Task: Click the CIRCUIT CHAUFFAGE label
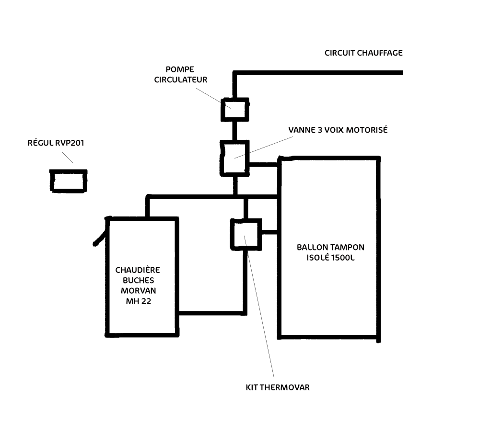363,53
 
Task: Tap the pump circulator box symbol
234,109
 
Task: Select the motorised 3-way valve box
234,158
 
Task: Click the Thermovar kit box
246,234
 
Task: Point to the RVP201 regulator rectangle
69,181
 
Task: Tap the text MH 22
139,302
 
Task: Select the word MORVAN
139,291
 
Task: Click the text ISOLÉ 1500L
330,258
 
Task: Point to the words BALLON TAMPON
330,248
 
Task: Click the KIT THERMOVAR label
278,387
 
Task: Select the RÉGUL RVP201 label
56,143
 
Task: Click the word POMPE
180,69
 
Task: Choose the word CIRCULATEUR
180,80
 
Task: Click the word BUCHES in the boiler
139,281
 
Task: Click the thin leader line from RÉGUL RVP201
67,157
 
